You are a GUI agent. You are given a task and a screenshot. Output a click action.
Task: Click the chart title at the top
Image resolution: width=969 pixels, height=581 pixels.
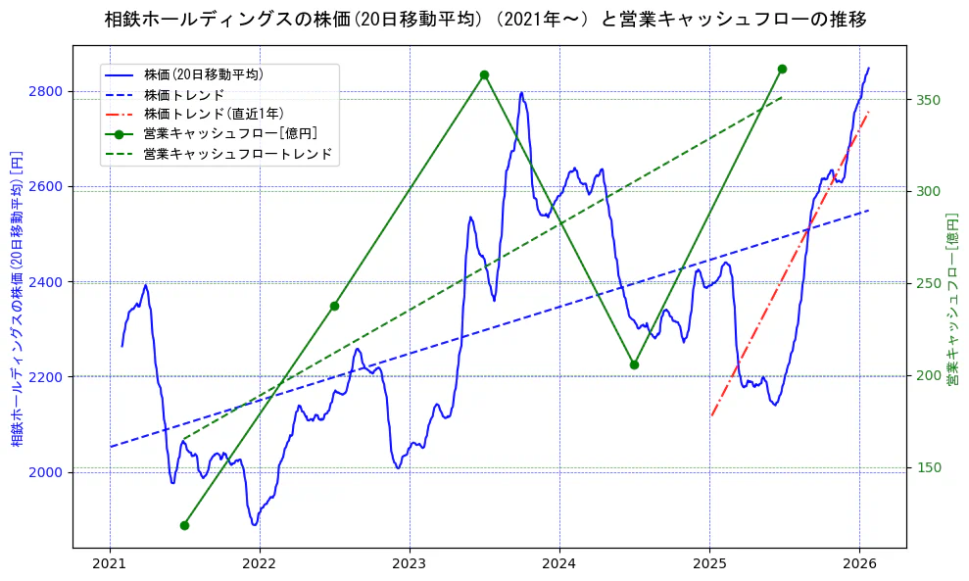click(485, 20)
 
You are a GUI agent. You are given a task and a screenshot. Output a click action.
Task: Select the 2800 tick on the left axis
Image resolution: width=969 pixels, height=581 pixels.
click(46, 91)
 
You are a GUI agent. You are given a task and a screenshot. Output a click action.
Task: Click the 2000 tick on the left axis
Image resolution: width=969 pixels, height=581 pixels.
click(46, 472)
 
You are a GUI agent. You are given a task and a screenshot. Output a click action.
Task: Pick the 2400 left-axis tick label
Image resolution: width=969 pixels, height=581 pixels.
click(46, 282)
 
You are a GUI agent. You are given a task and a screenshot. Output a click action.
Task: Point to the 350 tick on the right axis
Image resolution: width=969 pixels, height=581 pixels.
click(927, 100)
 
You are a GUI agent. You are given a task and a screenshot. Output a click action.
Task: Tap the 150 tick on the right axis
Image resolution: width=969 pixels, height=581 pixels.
click(927, 467)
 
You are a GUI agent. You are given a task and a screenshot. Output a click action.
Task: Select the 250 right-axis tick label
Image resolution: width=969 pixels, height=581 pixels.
click(927, 284)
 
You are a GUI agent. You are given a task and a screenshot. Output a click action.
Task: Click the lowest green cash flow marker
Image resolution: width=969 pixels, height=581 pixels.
click(184, 525)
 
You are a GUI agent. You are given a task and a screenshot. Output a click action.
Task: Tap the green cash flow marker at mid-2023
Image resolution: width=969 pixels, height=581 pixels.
click(484, 75)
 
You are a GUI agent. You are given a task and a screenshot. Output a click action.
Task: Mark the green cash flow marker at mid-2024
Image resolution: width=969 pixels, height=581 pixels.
click(634, 364)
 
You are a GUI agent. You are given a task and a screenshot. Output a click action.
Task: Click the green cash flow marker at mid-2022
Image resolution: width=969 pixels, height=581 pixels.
click(334, 306)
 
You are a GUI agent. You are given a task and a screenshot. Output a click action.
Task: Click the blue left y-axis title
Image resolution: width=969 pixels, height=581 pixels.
click(17, 298)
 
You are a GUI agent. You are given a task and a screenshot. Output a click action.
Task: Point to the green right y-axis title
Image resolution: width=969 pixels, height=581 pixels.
click(951, 298)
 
